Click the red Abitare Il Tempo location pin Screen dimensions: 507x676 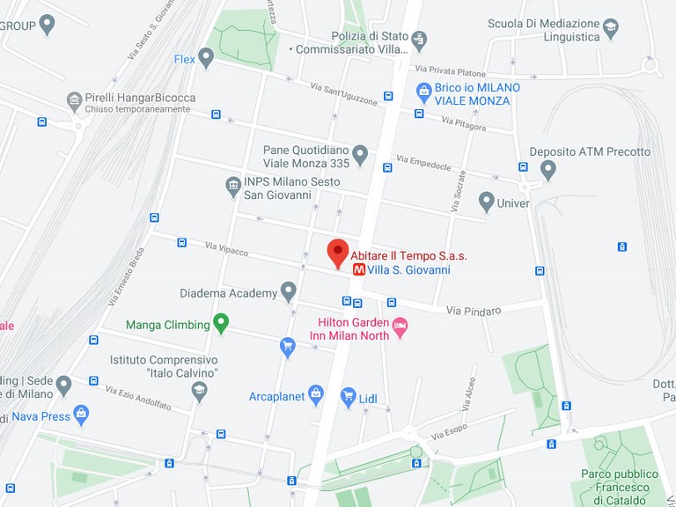point(338,252)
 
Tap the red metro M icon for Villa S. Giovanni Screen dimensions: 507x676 point(359,270)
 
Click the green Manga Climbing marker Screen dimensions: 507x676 point(221,324)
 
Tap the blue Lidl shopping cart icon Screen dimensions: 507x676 point(348,397)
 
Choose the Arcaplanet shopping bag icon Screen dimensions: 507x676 point(316,393)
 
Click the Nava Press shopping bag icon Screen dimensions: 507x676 point(82,412)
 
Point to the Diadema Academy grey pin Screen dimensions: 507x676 point(288,292)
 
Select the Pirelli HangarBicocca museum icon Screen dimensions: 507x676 point(75,99)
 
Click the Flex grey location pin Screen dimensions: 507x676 point(206,58)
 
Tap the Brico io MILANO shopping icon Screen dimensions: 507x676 point(423,90)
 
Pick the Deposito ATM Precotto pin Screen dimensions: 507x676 point(547,168)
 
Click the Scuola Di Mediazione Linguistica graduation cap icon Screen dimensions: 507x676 point(610,32)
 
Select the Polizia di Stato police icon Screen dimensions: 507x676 point(419,39)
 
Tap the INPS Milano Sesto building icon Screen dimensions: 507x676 point(233,186)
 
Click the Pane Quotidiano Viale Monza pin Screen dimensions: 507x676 point(360,156)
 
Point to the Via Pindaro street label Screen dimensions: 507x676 point(473,311)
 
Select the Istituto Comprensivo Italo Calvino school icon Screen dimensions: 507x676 point(200,390)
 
